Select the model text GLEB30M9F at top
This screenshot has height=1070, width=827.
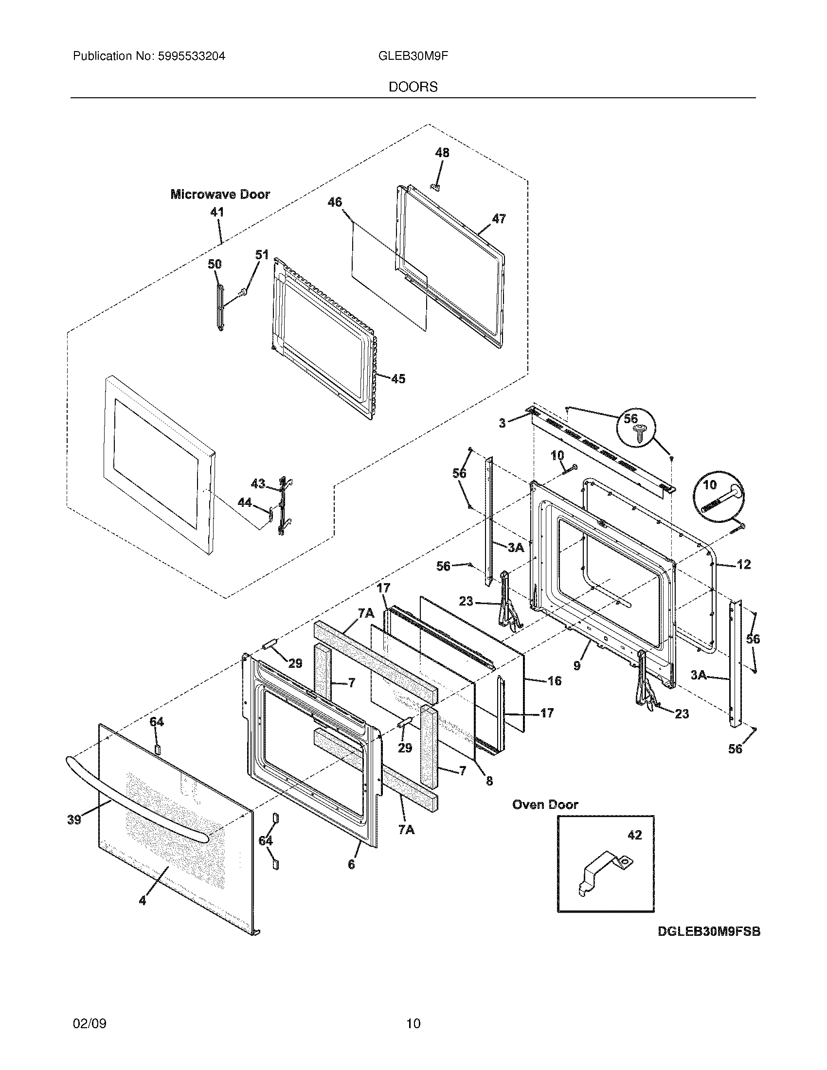(413, 56)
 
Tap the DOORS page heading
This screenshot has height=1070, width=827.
(413, 87)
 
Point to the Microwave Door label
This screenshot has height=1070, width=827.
(220, 195)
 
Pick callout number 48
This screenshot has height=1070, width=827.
(442, 153)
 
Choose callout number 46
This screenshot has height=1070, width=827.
(335, 202)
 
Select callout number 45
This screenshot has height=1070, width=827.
(398, 379)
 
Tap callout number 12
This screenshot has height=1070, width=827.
(743, 564)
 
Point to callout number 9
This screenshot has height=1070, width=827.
(576, 665)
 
